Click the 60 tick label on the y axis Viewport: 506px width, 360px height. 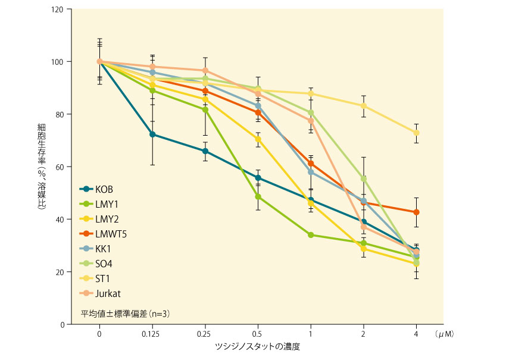click(x=60, y=167)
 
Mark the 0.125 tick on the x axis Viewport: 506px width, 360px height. click(x=152, y=334)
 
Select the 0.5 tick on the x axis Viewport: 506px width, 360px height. click(x=258, y=334)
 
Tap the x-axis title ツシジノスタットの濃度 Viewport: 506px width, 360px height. click(x=258, y=346)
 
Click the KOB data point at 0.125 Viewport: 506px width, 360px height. click(x=152, y=134)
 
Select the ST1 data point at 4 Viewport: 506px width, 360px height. click(x=416, y=133)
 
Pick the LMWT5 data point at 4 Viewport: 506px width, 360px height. click(x=416, y=212)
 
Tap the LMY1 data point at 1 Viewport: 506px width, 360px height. click(x=311, y=235)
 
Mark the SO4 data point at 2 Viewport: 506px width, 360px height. click(x=363, y=179)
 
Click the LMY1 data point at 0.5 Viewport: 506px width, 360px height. click(x=258, y=196)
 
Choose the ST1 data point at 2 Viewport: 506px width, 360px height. click(x=363, y=106)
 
